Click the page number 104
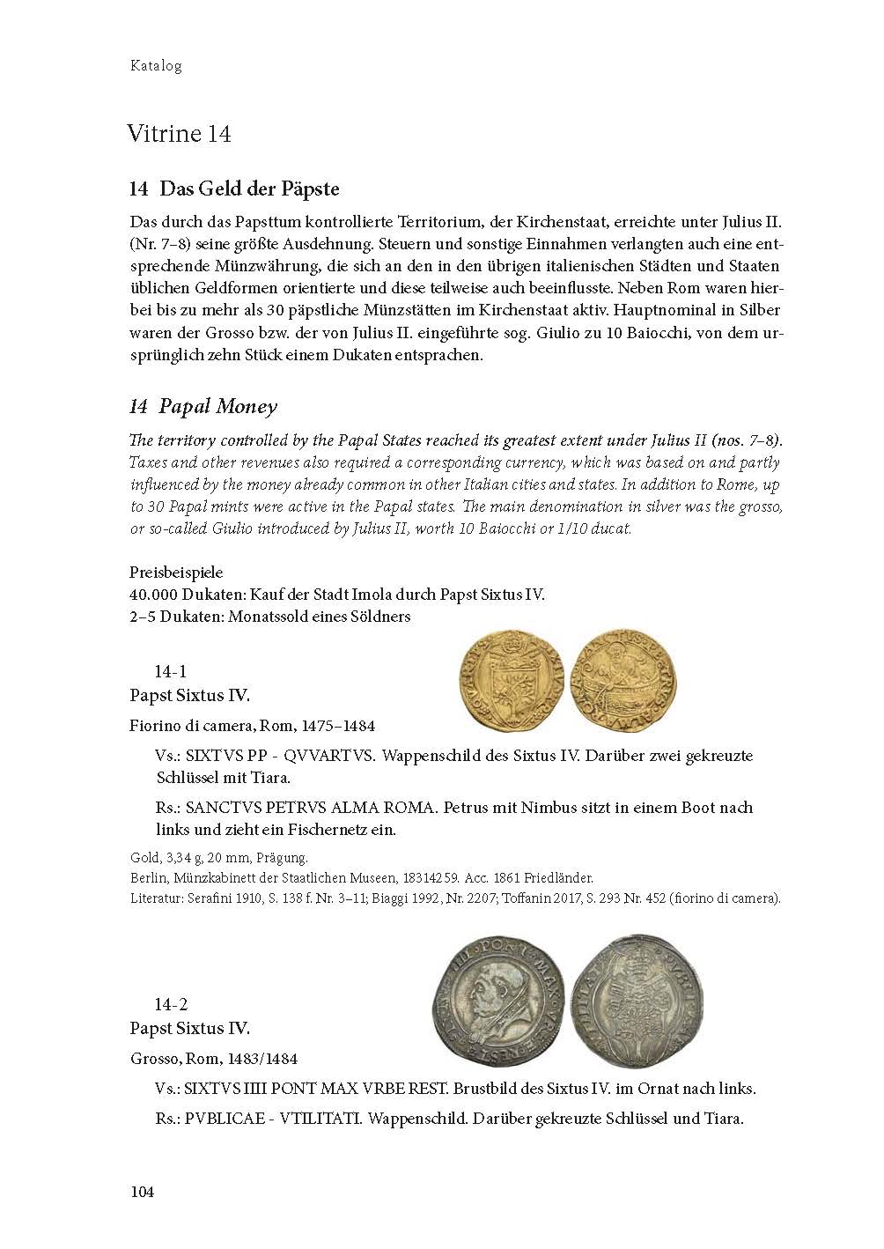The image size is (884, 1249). [x=142, y=1192]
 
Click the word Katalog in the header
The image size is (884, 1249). [x=156, y=66]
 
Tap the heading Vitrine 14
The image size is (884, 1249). [x=179, y=134]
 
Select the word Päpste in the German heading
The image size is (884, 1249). [x=308, y=188]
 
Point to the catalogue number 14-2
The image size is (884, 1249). [x=171, y=1005]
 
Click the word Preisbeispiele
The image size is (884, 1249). [x=176, y=573]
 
